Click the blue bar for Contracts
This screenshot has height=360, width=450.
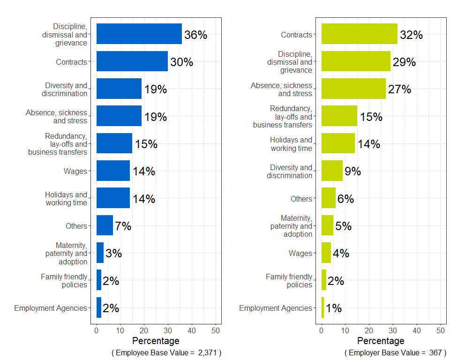click(132, 61)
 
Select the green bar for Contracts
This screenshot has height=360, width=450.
click(359, 34)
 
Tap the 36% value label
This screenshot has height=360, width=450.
click(195, 35)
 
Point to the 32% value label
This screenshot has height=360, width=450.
click(411, 35)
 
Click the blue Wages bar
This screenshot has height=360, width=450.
click(113, 171)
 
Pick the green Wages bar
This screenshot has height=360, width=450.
click(326, 253)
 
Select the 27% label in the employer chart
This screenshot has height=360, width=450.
click(399, 90)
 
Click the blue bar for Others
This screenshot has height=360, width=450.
click(105, 225)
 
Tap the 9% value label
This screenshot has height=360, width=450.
click(352, 172)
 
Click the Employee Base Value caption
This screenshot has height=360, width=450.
click(166, 352)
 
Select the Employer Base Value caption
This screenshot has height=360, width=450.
click(395, 352)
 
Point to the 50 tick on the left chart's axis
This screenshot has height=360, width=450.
click(216, 330)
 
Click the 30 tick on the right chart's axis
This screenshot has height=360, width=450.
click(393, 330)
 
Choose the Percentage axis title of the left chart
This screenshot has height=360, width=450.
click(156, 341)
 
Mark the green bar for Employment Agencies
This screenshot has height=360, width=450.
click(322, 307)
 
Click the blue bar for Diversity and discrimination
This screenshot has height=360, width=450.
click(119, 89)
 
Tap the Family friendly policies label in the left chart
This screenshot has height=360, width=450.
click(64, 281)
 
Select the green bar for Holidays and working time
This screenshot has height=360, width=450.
click(338, 143)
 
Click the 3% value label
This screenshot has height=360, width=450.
click(113, 254)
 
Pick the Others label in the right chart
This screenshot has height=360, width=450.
click(301, 199)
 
